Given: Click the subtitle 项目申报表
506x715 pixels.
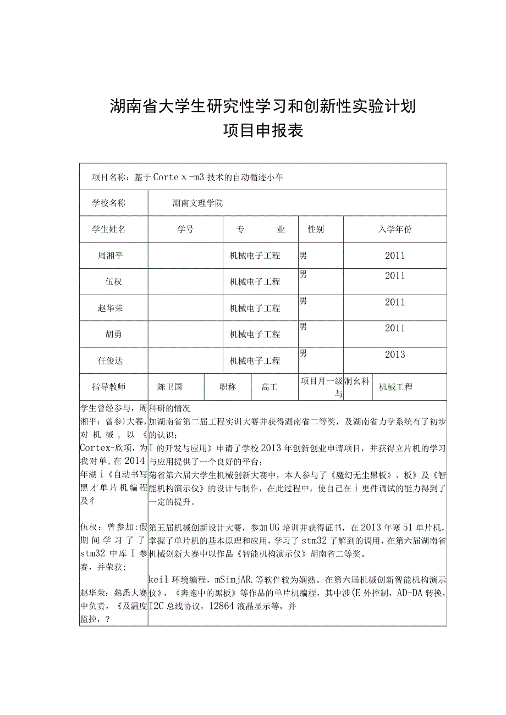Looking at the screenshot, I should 263,131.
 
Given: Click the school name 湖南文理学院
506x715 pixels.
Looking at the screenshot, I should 197,203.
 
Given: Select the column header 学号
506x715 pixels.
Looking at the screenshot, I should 185,230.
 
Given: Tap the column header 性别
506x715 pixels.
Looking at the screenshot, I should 316,230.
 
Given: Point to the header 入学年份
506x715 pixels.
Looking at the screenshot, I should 394,230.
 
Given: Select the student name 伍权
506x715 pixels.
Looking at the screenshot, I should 114,282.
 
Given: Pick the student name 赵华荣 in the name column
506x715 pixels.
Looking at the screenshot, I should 110,308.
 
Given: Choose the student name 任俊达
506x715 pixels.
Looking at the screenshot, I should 110,361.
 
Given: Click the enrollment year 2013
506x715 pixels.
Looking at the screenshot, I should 394,354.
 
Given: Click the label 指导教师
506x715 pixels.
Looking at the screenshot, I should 109,387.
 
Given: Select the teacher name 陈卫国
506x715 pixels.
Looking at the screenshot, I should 169,387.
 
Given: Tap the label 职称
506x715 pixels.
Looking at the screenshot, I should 228,387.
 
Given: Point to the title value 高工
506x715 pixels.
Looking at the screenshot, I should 269,387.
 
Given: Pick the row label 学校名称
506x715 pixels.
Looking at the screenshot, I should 109,203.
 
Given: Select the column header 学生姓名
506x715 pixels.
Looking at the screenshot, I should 109,230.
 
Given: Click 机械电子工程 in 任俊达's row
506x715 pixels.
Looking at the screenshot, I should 255,361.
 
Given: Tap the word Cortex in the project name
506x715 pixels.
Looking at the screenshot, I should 170,177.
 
